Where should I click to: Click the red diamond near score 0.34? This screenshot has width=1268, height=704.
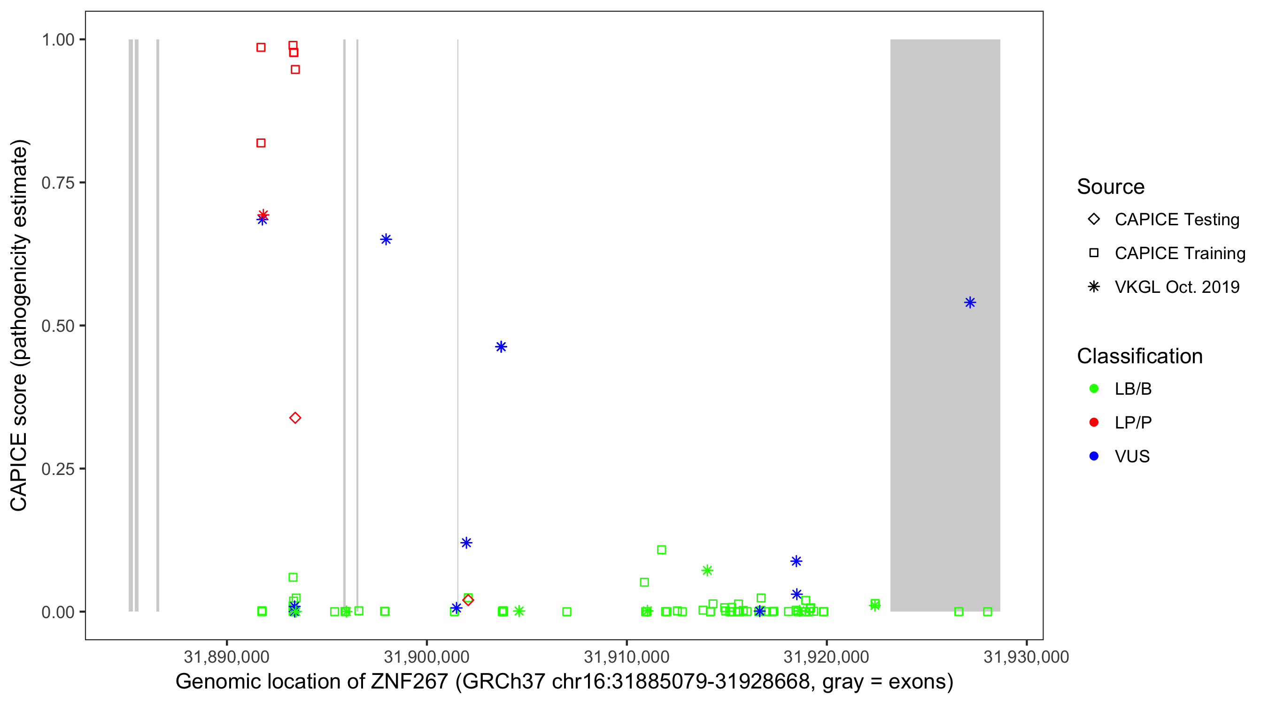295,418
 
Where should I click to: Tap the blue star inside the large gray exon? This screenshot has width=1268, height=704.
970,303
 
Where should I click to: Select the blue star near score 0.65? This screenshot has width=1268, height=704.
386,239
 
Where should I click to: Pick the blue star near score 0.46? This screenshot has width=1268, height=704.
501,347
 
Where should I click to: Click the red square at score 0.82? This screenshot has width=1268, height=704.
261,143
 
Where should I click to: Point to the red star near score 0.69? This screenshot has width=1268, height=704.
263,214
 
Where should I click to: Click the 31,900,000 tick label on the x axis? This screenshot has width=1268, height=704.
426,657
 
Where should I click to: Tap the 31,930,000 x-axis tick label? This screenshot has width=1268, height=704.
1026,657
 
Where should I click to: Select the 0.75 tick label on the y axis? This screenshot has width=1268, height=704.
58,183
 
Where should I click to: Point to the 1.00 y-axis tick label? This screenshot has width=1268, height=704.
58,40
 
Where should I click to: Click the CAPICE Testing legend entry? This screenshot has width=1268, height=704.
1176,220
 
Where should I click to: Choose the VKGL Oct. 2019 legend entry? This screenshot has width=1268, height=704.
1176,287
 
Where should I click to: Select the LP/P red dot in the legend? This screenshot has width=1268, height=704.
1094,422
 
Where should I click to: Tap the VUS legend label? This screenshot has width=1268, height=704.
1132,457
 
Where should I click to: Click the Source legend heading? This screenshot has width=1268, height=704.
1111,187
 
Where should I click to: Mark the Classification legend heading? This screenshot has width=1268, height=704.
1139,356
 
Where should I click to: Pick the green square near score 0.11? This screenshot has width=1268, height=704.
662,550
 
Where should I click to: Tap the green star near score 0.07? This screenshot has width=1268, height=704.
707,570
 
